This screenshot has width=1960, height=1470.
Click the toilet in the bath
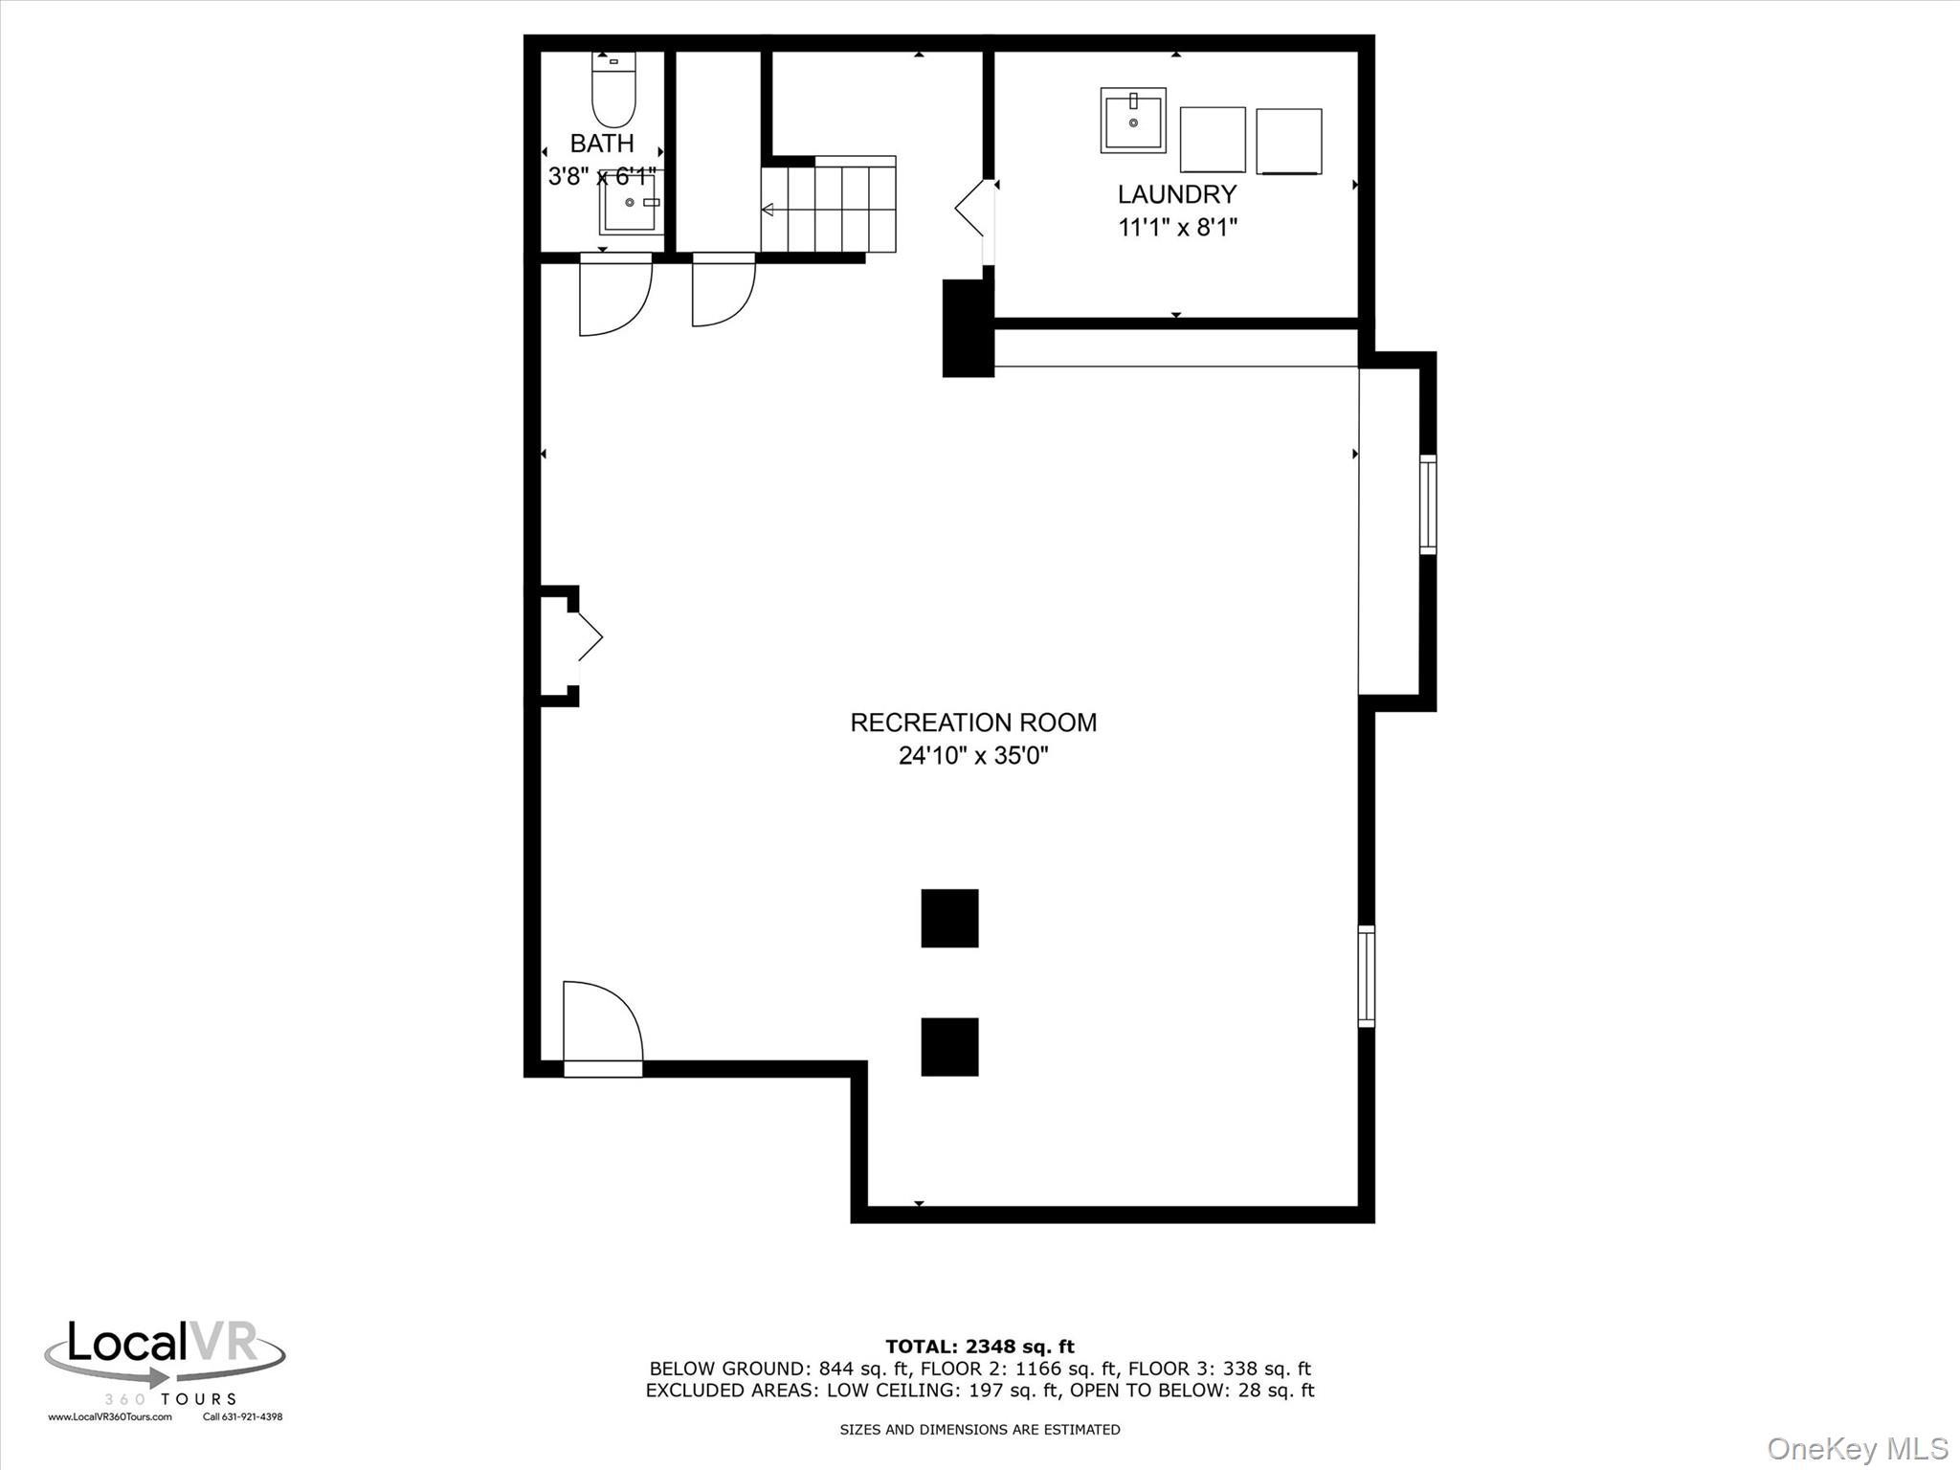[613, 93]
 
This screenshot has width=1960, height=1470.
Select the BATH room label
[602, 144]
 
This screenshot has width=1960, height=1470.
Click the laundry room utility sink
[1133, 121]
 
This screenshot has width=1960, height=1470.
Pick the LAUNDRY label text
[1177, 194]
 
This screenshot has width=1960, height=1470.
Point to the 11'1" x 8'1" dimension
[1178, 228]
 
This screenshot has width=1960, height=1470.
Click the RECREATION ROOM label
[973, 723]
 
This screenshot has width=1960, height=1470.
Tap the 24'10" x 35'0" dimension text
[973, 756]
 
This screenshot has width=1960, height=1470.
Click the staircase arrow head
[767, 210]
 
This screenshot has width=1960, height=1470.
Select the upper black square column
[949, 918]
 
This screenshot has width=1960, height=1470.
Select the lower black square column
[949, 1046]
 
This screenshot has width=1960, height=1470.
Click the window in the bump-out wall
[1427, 504]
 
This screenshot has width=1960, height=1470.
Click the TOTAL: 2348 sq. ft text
[979, 1347]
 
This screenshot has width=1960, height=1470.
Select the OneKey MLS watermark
[1857, 1448]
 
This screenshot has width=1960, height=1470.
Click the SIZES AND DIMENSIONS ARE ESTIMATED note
[979, 1430]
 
